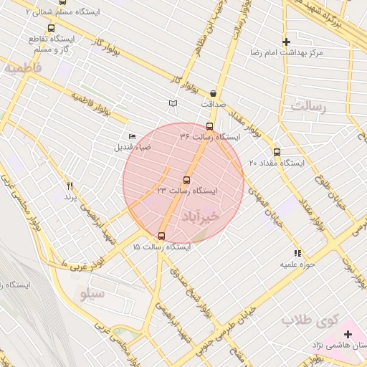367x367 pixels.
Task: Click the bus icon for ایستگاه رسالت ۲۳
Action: click(x=187, y=180)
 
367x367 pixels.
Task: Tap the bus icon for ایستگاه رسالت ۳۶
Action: click(x=209, y=126)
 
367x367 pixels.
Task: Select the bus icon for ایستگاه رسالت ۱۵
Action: click(x=161, y=236)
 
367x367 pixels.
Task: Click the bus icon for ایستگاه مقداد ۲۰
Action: click(x=277, y=152)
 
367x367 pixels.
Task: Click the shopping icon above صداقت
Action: click(x=214, y=93)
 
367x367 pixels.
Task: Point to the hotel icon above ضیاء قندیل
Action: click(x=132, y=136)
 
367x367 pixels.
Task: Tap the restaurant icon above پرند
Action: click(x=70, y=186)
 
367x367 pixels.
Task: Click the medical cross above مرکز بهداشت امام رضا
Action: click(x=287, y=42)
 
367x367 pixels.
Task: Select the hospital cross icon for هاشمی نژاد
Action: click(x=348, y=334)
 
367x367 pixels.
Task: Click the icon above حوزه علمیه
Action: click(x=297, y=253)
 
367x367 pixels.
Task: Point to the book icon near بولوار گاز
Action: click(x=172, y=104)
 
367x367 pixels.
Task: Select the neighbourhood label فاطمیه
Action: click(x=24, y=69)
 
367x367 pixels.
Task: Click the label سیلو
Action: click(x=93, y=293)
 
